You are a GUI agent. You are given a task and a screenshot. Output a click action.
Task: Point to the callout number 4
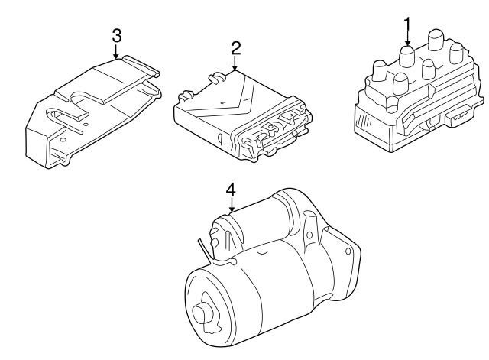coord(230,190)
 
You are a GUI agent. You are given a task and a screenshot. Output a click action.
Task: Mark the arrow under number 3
coord(116,52)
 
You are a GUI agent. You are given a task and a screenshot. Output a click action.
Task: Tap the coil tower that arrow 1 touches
coord(407,58)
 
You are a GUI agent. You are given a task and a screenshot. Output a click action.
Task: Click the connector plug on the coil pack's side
coord(460,117)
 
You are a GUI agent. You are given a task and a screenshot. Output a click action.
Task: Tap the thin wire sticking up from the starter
coord(201,248)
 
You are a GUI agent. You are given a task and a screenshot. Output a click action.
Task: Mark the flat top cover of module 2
coord(229,96)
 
